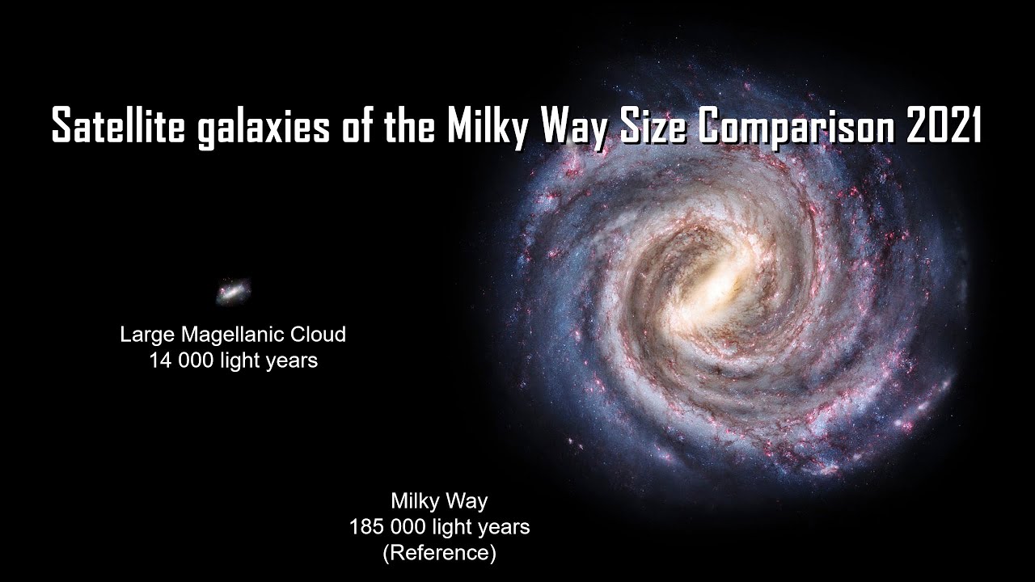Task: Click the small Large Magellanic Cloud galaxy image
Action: click(x=233, y=291)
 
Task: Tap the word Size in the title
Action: click(x=659, y=124)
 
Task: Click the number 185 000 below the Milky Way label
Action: click(x=385, y=527)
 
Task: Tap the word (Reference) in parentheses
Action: click(x=439, y=553)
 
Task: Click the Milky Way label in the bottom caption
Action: click(x=439, y=501)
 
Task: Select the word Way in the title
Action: click(x=579, y=126)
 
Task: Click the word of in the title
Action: click(x=349, y=124)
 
